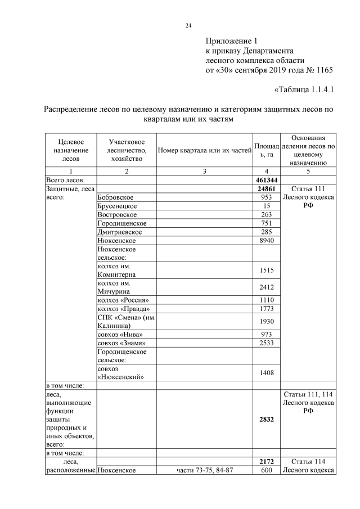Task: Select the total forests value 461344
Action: pos(266,179)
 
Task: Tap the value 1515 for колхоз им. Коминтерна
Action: pos(266,269)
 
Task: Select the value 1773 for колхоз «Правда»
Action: pos(266,309)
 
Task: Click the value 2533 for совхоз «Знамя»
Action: pos(266,343)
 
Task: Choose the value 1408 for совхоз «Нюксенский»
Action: pos(266,372)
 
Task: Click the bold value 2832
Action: pos(266,418)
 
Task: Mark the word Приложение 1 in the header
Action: pos(231,40)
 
